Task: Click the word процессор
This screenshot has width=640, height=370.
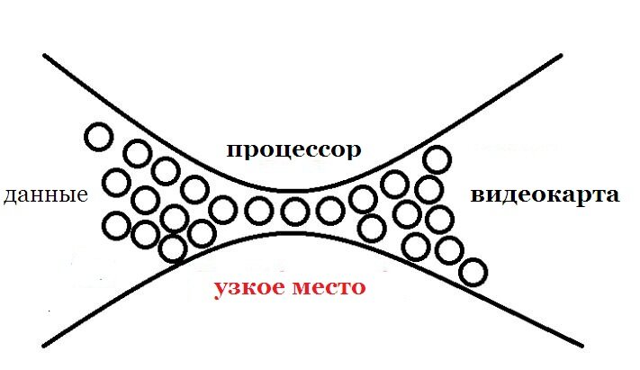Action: click(293, 151)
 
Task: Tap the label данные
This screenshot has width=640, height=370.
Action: click(46, 195)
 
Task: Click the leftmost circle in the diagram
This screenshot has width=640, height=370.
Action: click(98, 137)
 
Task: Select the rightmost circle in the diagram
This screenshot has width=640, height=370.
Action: click(473, 272)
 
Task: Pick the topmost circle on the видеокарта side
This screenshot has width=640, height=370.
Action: click(437, 159)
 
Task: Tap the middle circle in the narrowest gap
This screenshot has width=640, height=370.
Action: click(294, 212)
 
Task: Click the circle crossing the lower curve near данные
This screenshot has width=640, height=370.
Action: click(173, 248)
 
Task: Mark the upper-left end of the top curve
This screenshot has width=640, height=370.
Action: click(44, 55)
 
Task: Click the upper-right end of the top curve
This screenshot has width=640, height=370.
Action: click(561, 55)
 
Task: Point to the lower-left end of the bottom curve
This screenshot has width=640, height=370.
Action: click(44, 347)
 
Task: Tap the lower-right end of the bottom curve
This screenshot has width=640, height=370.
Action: click(581, 346)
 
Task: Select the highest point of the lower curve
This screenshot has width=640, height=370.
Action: click(292, 233)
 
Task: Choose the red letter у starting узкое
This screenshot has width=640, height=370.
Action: click(220, 291)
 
